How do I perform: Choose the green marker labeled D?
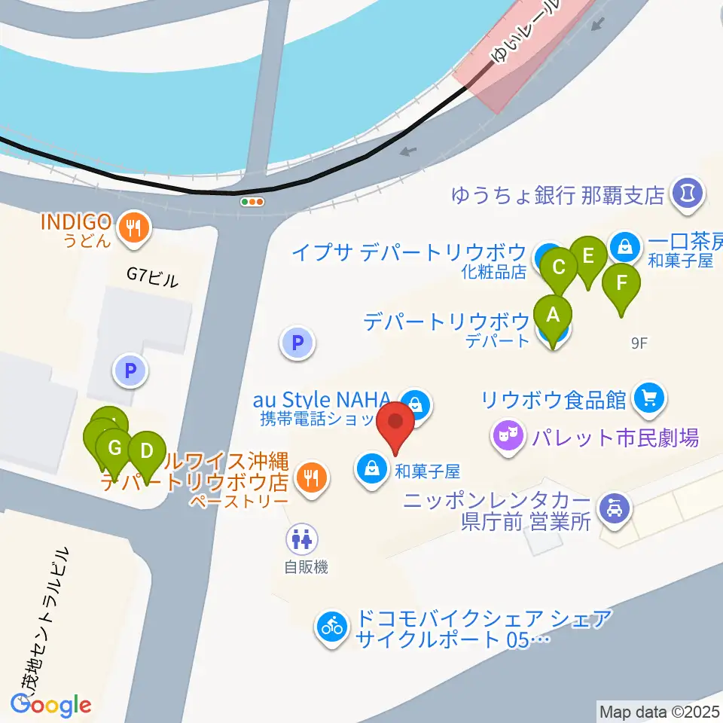pos(147,453)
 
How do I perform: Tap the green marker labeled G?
pos(114,450)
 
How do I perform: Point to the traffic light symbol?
pos(252,202)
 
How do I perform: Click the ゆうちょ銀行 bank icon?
pos(686,194)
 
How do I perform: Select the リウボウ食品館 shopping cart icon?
pos(648,397)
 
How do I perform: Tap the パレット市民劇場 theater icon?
pos(508,435)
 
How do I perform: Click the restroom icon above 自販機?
pos(304,538)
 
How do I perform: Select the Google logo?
pos(50,704)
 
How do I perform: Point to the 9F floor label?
pos(639,343)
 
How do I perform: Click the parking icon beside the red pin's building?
pos(297,343)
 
